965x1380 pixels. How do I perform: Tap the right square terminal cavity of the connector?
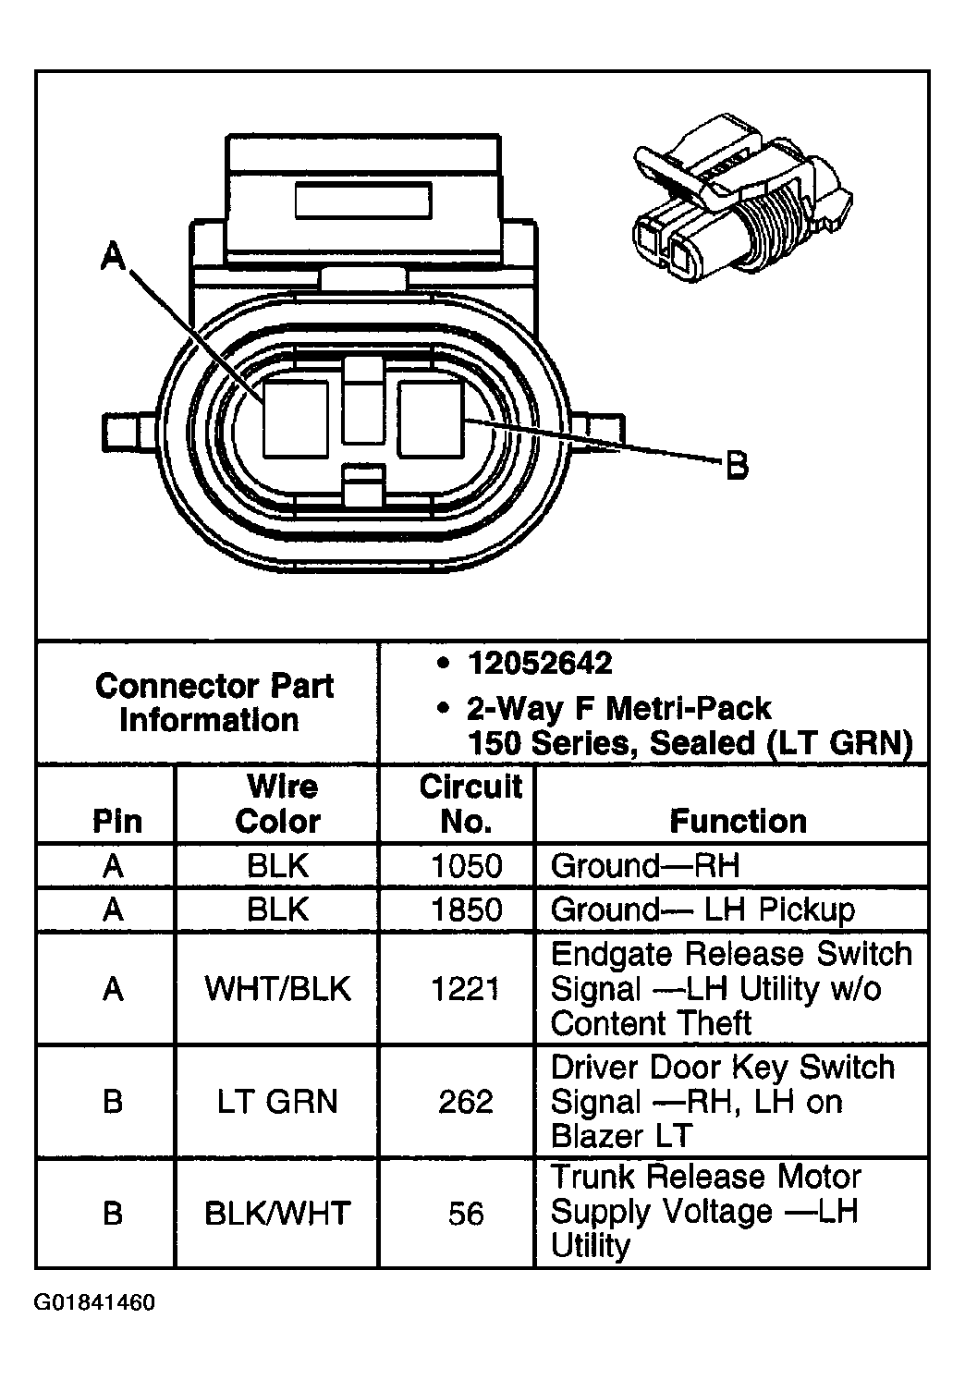[x=431, y=419]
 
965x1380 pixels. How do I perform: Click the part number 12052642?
[x=540, y=663]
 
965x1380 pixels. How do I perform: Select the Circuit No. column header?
[x=470, y=803]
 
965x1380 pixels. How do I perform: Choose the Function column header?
[x=738, y=821]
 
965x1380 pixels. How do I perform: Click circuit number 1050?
[x=467, y=866]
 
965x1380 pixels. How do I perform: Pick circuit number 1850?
[x=467, y=910]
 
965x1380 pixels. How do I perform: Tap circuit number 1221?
[x=467, y=989]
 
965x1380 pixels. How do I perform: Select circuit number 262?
[x=466, y=1102]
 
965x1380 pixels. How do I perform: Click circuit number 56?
[x=466, y=1213]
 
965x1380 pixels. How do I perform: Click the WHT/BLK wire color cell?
[x=278, y=989]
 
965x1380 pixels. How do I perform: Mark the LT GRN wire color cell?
[x=278, y=1102]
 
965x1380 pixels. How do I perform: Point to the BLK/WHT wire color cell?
[x=278, y=1213]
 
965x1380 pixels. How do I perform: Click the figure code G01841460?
[x=95, y=1303]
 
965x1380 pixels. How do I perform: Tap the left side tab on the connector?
[x=125, y=431]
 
